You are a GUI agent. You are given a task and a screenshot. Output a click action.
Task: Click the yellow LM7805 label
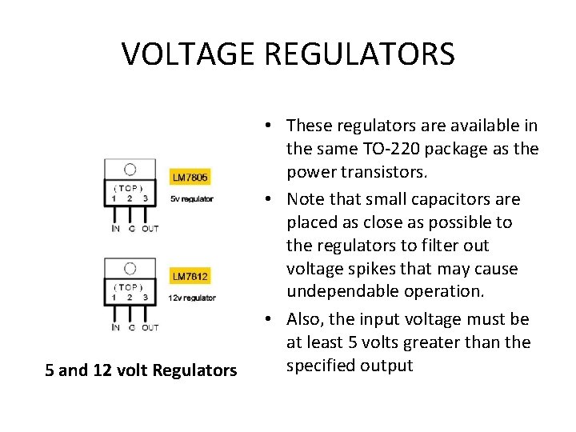click(190, 177)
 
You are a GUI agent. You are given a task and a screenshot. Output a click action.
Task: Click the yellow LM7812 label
click(190, 277)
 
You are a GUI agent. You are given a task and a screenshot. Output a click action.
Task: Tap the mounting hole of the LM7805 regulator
click(130, 169)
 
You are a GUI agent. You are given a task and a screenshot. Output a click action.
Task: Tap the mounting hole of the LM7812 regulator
click(130, 268)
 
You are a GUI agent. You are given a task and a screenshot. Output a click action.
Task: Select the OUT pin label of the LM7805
click(150, 229)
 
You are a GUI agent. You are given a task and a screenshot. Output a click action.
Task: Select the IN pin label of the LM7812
click(116, 327)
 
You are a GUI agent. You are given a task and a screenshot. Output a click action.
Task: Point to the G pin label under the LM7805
click(130, 229)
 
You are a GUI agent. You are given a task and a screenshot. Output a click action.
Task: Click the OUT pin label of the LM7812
click(150, 327)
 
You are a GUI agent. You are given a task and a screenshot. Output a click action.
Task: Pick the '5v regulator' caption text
click(191, 198)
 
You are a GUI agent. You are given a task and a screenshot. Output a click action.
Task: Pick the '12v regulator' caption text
click(192, 298)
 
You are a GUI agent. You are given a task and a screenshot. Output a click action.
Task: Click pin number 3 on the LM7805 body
click(145, 198)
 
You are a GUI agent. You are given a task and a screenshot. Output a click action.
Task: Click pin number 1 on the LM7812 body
click(114, 297)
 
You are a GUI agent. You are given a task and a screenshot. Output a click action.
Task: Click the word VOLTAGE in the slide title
click(187, 54)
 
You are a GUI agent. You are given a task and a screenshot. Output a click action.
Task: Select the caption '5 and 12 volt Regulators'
click(141, 370)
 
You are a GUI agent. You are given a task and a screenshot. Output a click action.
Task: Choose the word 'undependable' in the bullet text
click(338, 292)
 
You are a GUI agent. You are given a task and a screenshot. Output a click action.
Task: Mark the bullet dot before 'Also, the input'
click(271, 319)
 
